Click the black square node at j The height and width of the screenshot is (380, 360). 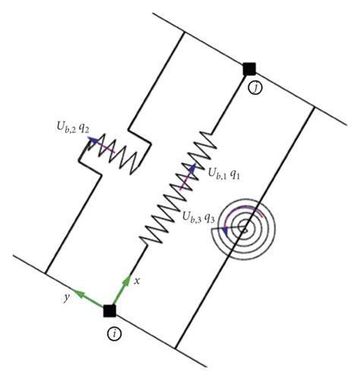pyautogui.click(x=249, y=69)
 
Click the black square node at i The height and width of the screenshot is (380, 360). pyautogui.click(x=109, y=311)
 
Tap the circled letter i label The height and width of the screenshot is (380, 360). pyautogui.click(x=114, y=334)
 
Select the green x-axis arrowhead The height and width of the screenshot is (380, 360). pyautogui.click(x=127, y=280)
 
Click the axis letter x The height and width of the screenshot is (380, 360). pyautogui.click(x=137, y=281)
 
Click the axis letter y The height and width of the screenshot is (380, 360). pyautogui.click(x=66, y=297)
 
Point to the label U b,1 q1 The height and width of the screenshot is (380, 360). pyautogui.click(x=224, y=173)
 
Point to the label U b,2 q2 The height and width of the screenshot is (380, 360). pyautogui.click(x=73, y=127)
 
